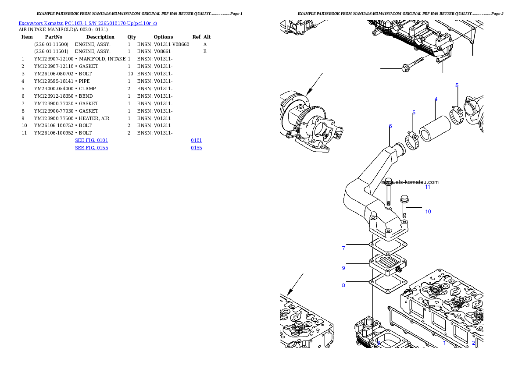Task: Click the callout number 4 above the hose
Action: coord(436,99)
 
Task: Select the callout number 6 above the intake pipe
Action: coord(390,126)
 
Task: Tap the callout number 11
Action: coord(427,187)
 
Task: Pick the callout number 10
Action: coord(428,212)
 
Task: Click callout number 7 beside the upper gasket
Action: coord(343,248)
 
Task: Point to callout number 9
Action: coord(343,268)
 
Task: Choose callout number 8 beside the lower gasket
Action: coord(343,285)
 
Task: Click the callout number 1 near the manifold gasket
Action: coord(444,343)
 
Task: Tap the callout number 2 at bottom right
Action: coord(474,343)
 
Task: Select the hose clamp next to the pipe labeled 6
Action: coord(411,142)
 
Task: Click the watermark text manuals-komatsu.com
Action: coord(410,182)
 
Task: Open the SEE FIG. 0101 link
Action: coord(91,140)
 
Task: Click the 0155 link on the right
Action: coord(196,148)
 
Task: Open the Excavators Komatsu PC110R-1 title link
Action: coord(88,23)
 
